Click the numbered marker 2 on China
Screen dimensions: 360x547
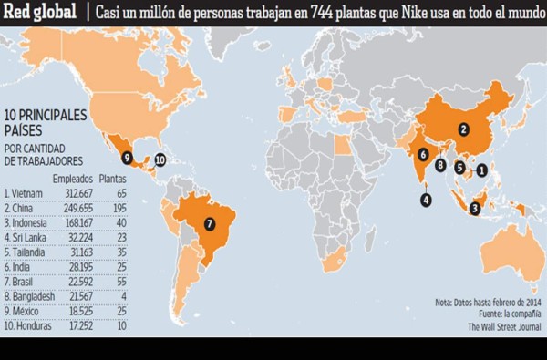463,129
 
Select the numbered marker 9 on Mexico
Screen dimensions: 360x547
127,158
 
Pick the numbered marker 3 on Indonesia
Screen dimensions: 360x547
475,208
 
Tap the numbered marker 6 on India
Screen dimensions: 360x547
423,155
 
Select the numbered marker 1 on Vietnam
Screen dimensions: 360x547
483,170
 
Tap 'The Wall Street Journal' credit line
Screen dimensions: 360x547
504,325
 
